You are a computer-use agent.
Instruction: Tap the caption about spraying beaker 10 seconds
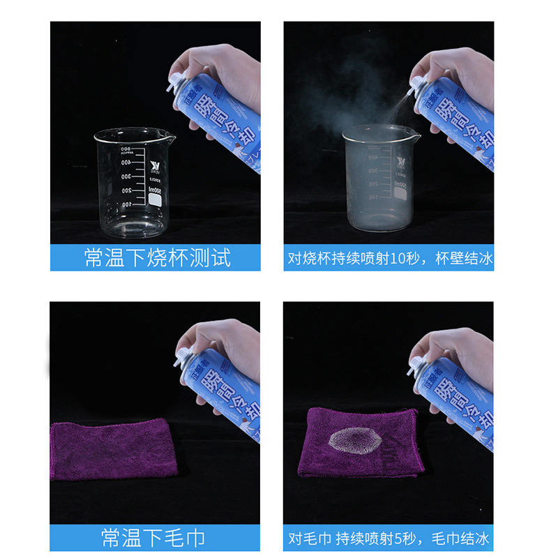tap(389, 259)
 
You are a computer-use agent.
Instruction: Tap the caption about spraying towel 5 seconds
tap(389, 538)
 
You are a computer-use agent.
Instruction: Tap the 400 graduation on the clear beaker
tap(126, 162)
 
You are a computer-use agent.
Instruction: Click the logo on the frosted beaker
tap(400, 165)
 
